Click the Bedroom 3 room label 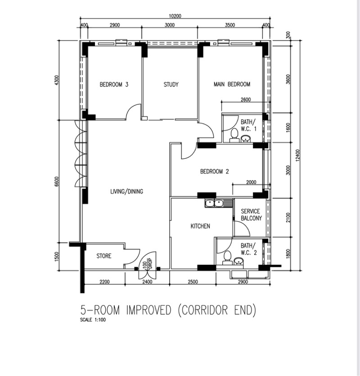(x=114, y=85)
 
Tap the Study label (x=171, y=85)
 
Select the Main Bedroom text (x=232, y=84)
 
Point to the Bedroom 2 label (x=215, y=171)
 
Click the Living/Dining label (x=127, y=191)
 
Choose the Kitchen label (x=200, y=226)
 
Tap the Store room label (x=104, y=256)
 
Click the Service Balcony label (x=251, y=215)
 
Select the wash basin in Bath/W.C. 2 (x=238, y=261)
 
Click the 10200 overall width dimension (x=175, y=16)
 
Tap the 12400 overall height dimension (x=297, y=155)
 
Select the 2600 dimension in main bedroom (x=246, y=99)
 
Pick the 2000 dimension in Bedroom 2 (x=251, y=182)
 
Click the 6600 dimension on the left (x=57, y=182)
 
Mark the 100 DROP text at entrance (x=148, y=264)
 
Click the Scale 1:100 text (x=93, y=320)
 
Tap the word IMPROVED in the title (x=149, y=310)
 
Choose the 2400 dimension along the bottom (x=147, y=282)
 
